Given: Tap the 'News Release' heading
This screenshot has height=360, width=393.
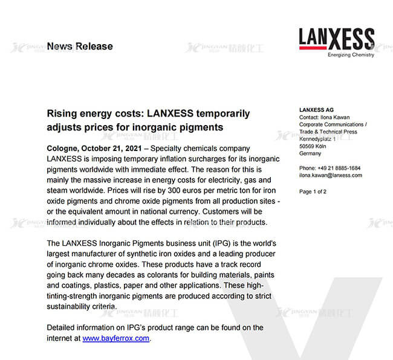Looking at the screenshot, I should [x=79, y=46].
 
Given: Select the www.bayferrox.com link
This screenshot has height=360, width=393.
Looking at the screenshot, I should [x=115, y=338].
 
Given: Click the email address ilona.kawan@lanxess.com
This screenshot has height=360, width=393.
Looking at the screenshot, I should [x=331, y=175].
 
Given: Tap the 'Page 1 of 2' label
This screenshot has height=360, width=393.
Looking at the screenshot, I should [x=313, y=191].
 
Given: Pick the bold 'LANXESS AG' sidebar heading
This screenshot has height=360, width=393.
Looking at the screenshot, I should [x=316, y=109].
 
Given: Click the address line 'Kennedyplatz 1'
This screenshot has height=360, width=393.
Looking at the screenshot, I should [x=319, y=139].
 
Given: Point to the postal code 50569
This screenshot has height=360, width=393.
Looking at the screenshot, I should [x=308, y=146].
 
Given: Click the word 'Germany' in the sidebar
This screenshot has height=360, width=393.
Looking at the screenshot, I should [x=310, y=153].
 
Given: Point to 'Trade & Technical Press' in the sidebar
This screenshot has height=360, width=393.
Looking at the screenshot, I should [x=328, y=132].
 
